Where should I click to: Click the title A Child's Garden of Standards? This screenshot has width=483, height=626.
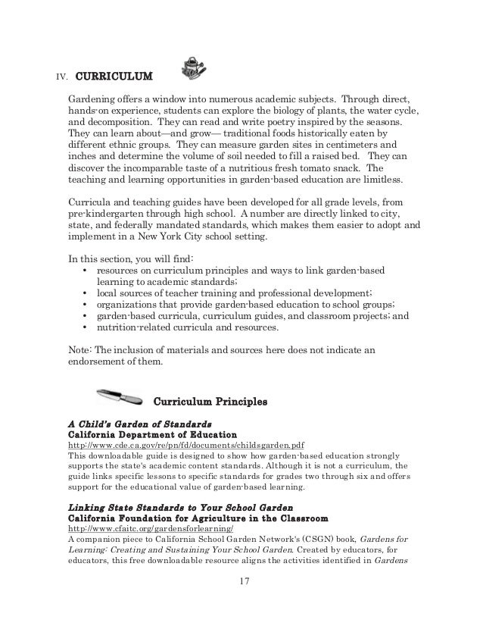click(x=139, y=423)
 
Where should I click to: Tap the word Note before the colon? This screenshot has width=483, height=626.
click(x=79, y=349)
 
